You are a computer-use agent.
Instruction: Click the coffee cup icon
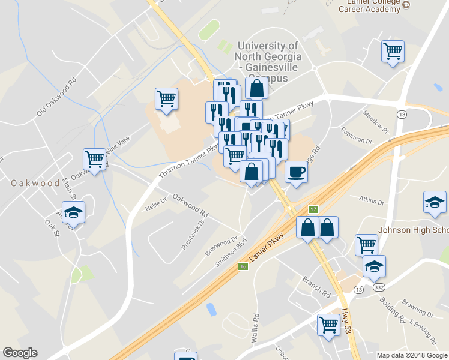pos(295,172)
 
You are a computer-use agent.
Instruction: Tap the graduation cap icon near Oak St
pos(74,212)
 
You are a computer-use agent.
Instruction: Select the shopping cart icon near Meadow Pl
pos(393,52)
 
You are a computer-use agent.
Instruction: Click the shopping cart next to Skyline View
pos(95,160)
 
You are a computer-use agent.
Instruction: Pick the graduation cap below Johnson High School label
pos(375,266)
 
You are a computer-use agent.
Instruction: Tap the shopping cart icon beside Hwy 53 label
pos(329,325)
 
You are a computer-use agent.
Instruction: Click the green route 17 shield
pos(313,209)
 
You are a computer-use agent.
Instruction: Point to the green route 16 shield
pos(243,266)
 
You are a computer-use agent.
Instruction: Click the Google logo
pos(20,353)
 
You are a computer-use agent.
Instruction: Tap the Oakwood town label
pos(30,183)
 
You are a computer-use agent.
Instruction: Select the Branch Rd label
pos(317,287)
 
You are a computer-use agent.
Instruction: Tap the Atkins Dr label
pos(371,200)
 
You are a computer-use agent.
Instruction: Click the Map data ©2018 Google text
pos(412,355)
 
